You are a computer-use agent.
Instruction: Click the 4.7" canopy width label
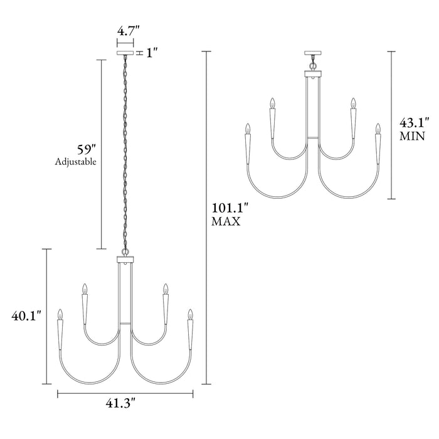128,31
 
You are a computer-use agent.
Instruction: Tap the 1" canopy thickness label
152,53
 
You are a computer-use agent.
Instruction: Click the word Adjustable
76,162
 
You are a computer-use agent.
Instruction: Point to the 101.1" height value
230,209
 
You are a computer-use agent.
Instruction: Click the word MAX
226,221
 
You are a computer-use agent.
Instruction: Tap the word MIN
412,136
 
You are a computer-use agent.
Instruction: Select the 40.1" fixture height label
26,316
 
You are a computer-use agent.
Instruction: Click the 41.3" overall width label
120,403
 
